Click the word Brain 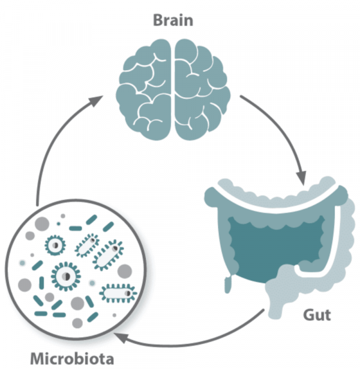[173, 20]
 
